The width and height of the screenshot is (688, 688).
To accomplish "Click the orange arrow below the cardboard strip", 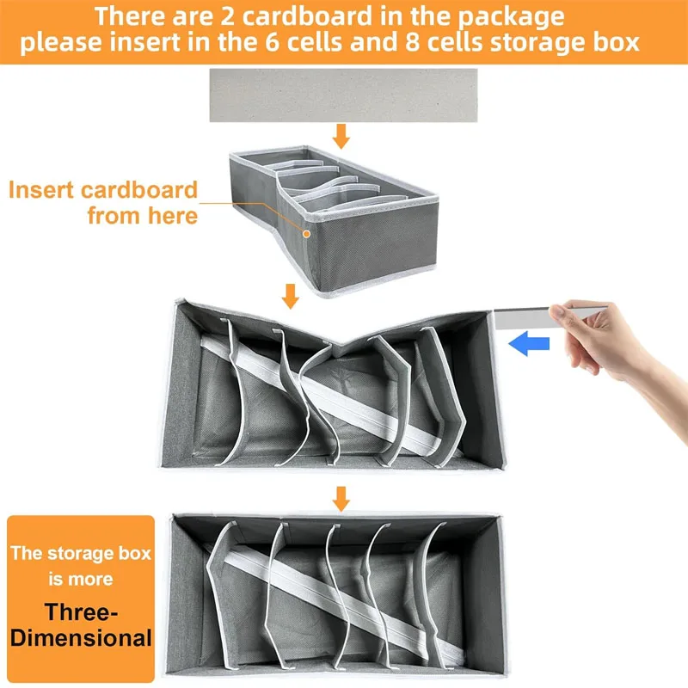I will click(342, 136).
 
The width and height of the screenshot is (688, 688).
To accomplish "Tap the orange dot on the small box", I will click(307, 232).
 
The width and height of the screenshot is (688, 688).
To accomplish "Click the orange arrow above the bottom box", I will click(342, 498).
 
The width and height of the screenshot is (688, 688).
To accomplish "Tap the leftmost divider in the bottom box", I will click(218, 593).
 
